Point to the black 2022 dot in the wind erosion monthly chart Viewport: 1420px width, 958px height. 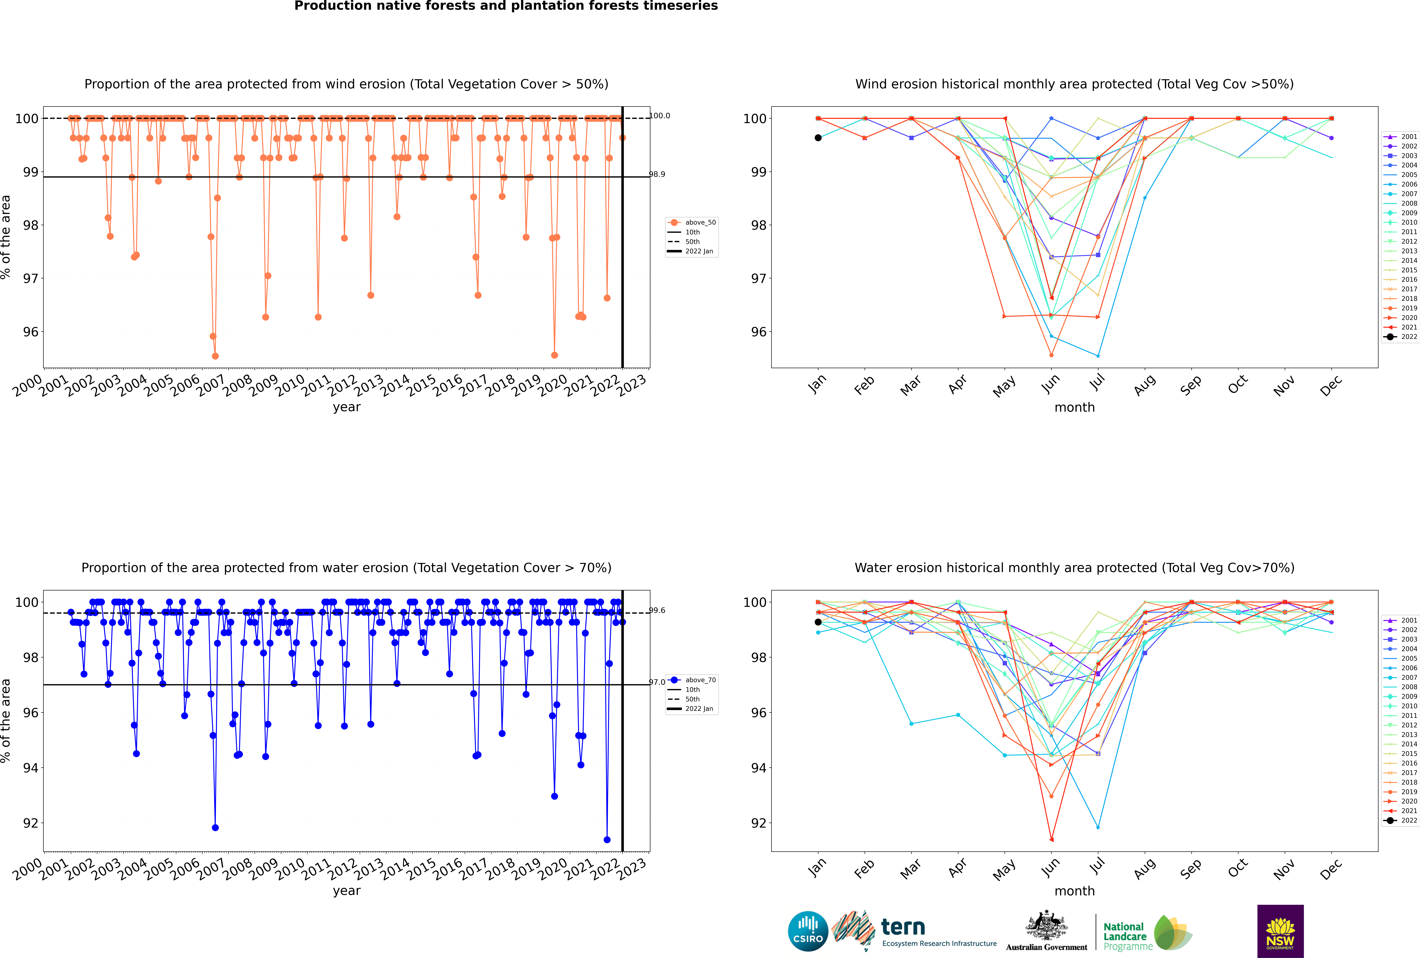[818, 138]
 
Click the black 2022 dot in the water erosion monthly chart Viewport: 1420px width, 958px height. [818, 622]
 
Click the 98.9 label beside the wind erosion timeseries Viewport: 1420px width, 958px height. [657, 174]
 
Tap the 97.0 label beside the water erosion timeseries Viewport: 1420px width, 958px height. [657, 682]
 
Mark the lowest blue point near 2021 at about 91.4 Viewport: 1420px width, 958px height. [607, 839]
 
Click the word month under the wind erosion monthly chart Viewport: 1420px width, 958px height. [1074, 408]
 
